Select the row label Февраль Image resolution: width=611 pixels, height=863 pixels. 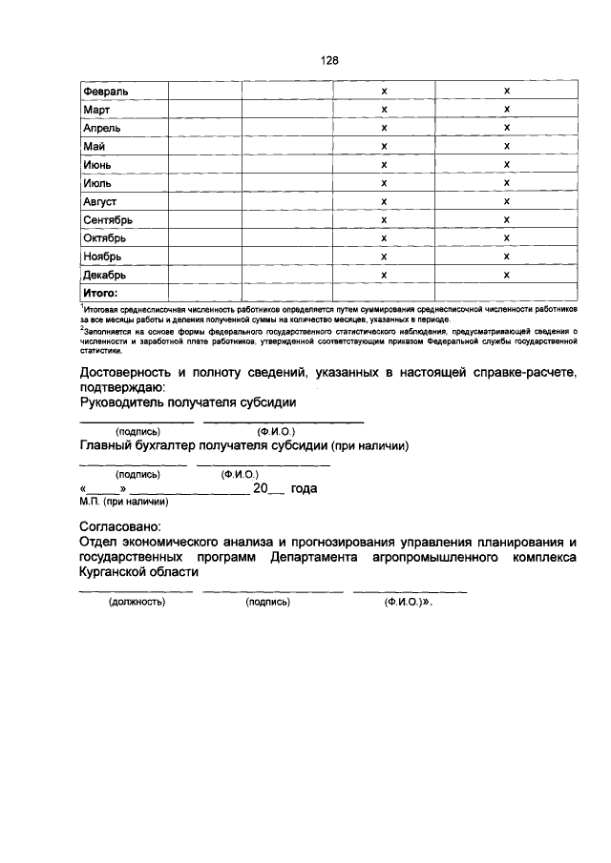105,91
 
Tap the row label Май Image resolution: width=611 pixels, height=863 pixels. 94,146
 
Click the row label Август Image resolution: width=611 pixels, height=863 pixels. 99,201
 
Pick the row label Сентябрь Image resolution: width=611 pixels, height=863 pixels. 107,219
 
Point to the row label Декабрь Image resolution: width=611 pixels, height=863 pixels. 104,275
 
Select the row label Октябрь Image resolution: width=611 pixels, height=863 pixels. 105,237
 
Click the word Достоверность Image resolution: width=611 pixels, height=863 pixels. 130,371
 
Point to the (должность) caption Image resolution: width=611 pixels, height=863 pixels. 137,603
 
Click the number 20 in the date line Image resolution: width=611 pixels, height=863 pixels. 261,488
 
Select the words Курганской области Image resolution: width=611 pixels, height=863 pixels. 139,572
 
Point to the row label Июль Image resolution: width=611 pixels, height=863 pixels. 98,182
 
